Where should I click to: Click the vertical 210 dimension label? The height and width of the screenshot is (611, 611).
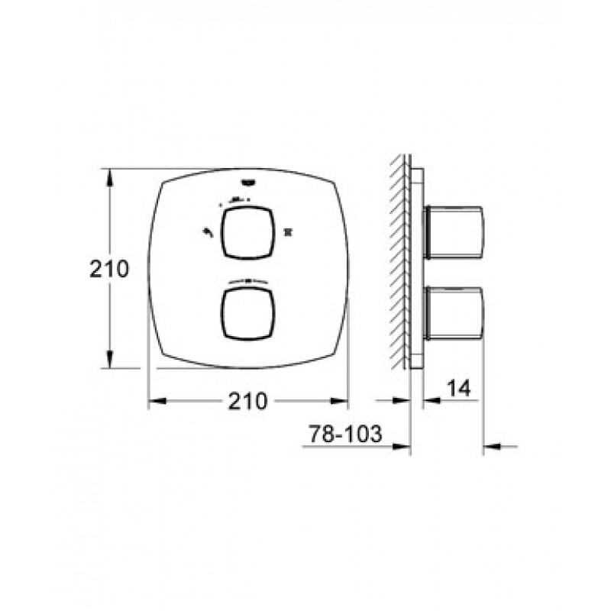tap(109, 269)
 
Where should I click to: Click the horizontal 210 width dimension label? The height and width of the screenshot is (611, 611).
tap(247, 401)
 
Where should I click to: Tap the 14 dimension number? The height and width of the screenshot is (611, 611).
tap(458, 388)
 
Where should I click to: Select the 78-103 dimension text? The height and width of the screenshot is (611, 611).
tap(345, 434)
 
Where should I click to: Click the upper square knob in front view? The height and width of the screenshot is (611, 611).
tap(247, 233)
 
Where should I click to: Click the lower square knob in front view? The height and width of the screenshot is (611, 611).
tap(247, 313)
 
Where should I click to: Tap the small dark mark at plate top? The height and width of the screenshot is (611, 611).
tap(248, 181)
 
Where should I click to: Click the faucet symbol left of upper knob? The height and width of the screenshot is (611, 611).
tap(207, 233)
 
